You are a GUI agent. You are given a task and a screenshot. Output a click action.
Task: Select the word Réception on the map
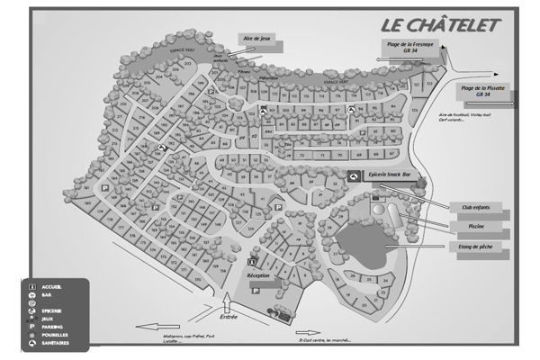[x=258, y=275]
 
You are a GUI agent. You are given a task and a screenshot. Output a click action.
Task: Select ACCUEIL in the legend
[x=52, y=286]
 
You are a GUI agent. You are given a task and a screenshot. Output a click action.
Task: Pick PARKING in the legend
[x=54, y=326]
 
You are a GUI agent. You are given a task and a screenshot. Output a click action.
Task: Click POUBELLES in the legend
[x=56, y=336]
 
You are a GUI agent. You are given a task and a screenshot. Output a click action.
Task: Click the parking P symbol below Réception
[x=255, y=292]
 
